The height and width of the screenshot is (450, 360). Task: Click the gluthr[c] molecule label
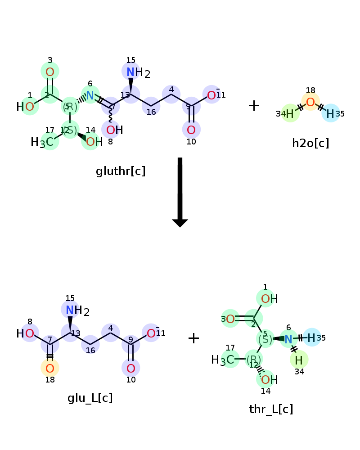121,171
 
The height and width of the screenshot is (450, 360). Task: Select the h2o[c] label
310,144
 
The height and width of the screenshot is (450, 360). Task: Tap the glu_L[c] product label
90,398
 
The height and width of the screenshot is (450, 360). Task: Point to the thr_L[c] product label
271,409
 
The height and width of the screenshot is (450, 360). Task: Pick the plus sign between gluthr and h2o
254,106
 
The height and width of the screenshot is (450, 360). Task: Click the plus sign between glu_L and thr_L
193,338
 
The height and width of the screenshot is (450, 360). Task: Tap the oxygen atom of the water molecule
310,102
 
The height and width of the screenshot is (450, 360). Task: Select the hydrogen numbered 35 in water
330,113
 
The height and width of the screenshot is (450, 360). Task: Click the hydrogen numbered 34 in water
290,114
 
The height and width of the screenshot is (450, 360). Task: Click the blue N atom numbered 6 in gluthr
90,95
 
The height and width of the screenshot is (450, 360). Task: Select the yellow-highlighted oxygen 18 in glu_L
50,369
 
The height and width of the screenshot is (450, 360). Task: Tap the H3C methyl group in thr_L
223,360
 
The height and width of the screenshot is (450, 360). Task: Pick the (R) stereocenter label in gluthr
70,107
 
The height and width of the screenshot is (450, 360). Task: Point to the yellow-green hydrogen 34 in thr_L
299,360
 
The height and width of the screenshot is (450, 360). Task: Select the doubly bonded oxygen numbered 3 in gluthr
50,72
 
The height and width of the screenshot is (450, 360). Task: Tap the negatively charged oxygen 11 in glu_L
152,333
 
